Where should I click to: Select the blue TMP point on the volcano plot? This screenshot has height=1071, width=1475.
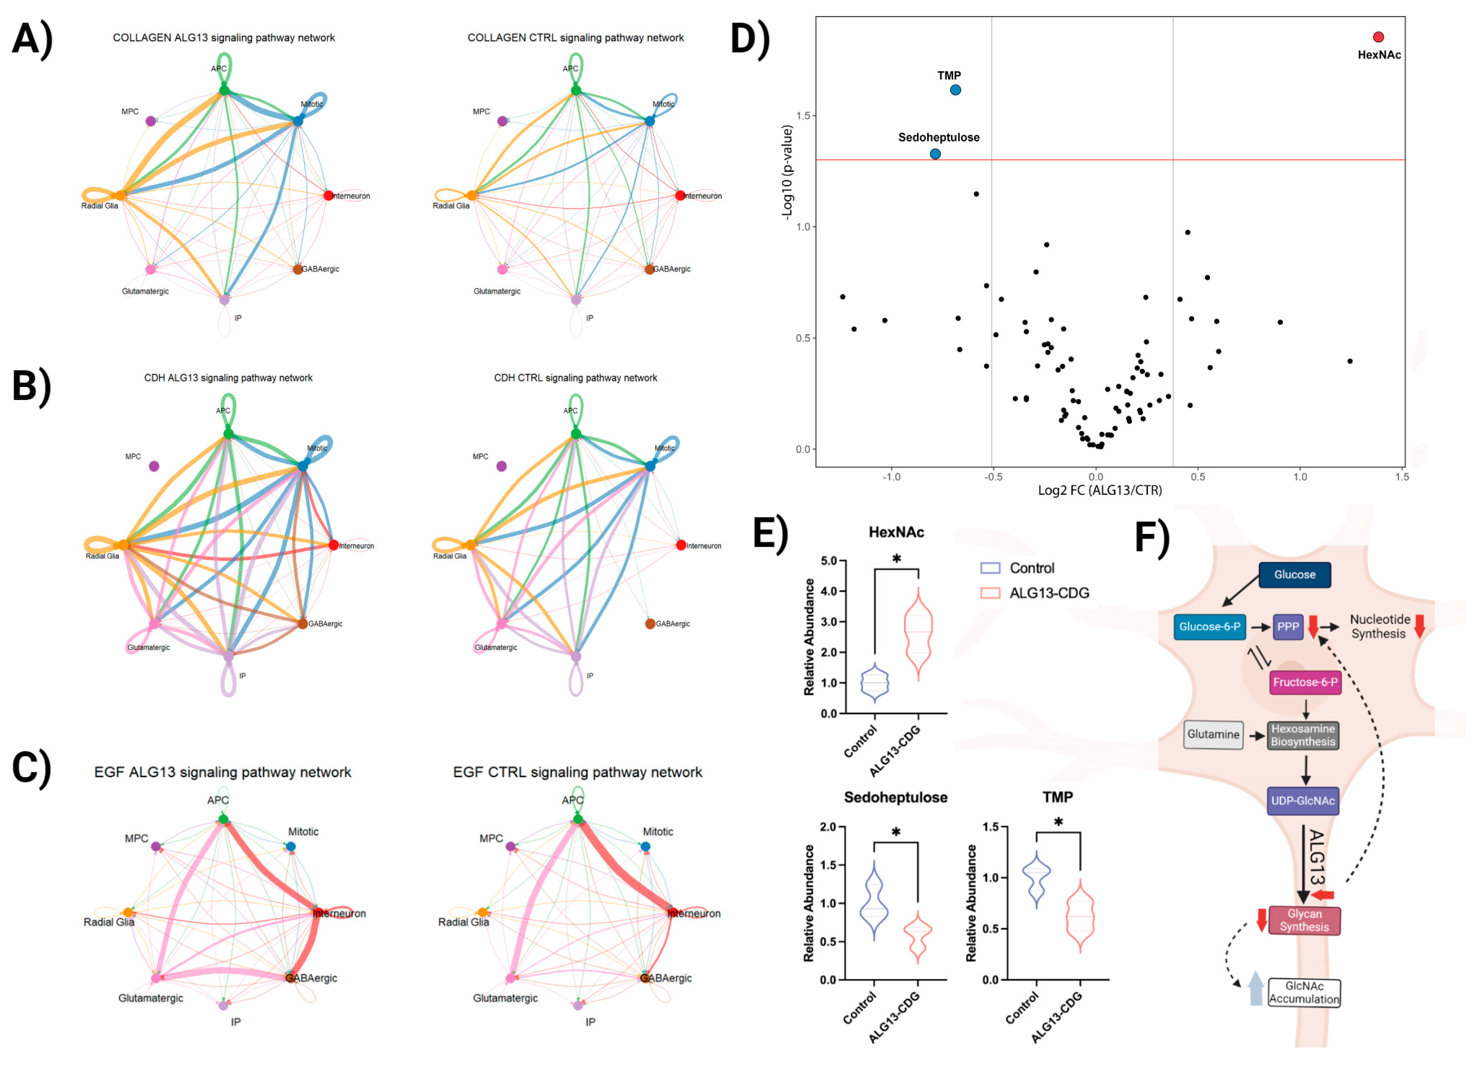click(955, 90)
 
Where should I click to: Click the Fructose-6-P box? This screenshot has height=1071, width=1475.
click(1304, 682)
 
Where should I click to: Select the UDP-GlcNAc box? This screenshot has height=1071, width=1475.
click(1302, 800)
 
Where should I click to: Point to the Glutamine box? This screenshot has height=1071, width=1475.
click(1213, 734)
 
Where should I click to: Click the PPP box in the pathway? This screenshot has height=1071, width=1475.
click(1287, 627)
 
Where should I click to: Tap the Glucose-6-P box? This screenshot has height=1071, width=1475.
click(1209, 627)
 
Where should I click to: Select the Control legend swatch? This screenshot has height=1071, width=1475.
click(989, 568)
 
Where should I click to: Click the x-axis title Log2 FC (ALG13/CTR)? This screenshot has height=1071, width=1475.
click(1099, 490)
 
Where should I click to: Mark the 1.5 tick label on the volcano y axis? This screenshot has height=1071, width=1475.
click(803, 116)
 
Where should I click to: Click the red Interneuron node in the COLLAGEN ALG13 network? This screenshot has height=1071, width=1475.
click(329, 196)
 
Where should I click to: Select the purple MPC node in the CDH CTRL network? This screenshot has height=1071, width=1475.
click(501, 466)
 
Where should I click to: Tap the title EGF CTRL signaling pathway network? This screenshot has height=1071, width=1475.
click(577, 772)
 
